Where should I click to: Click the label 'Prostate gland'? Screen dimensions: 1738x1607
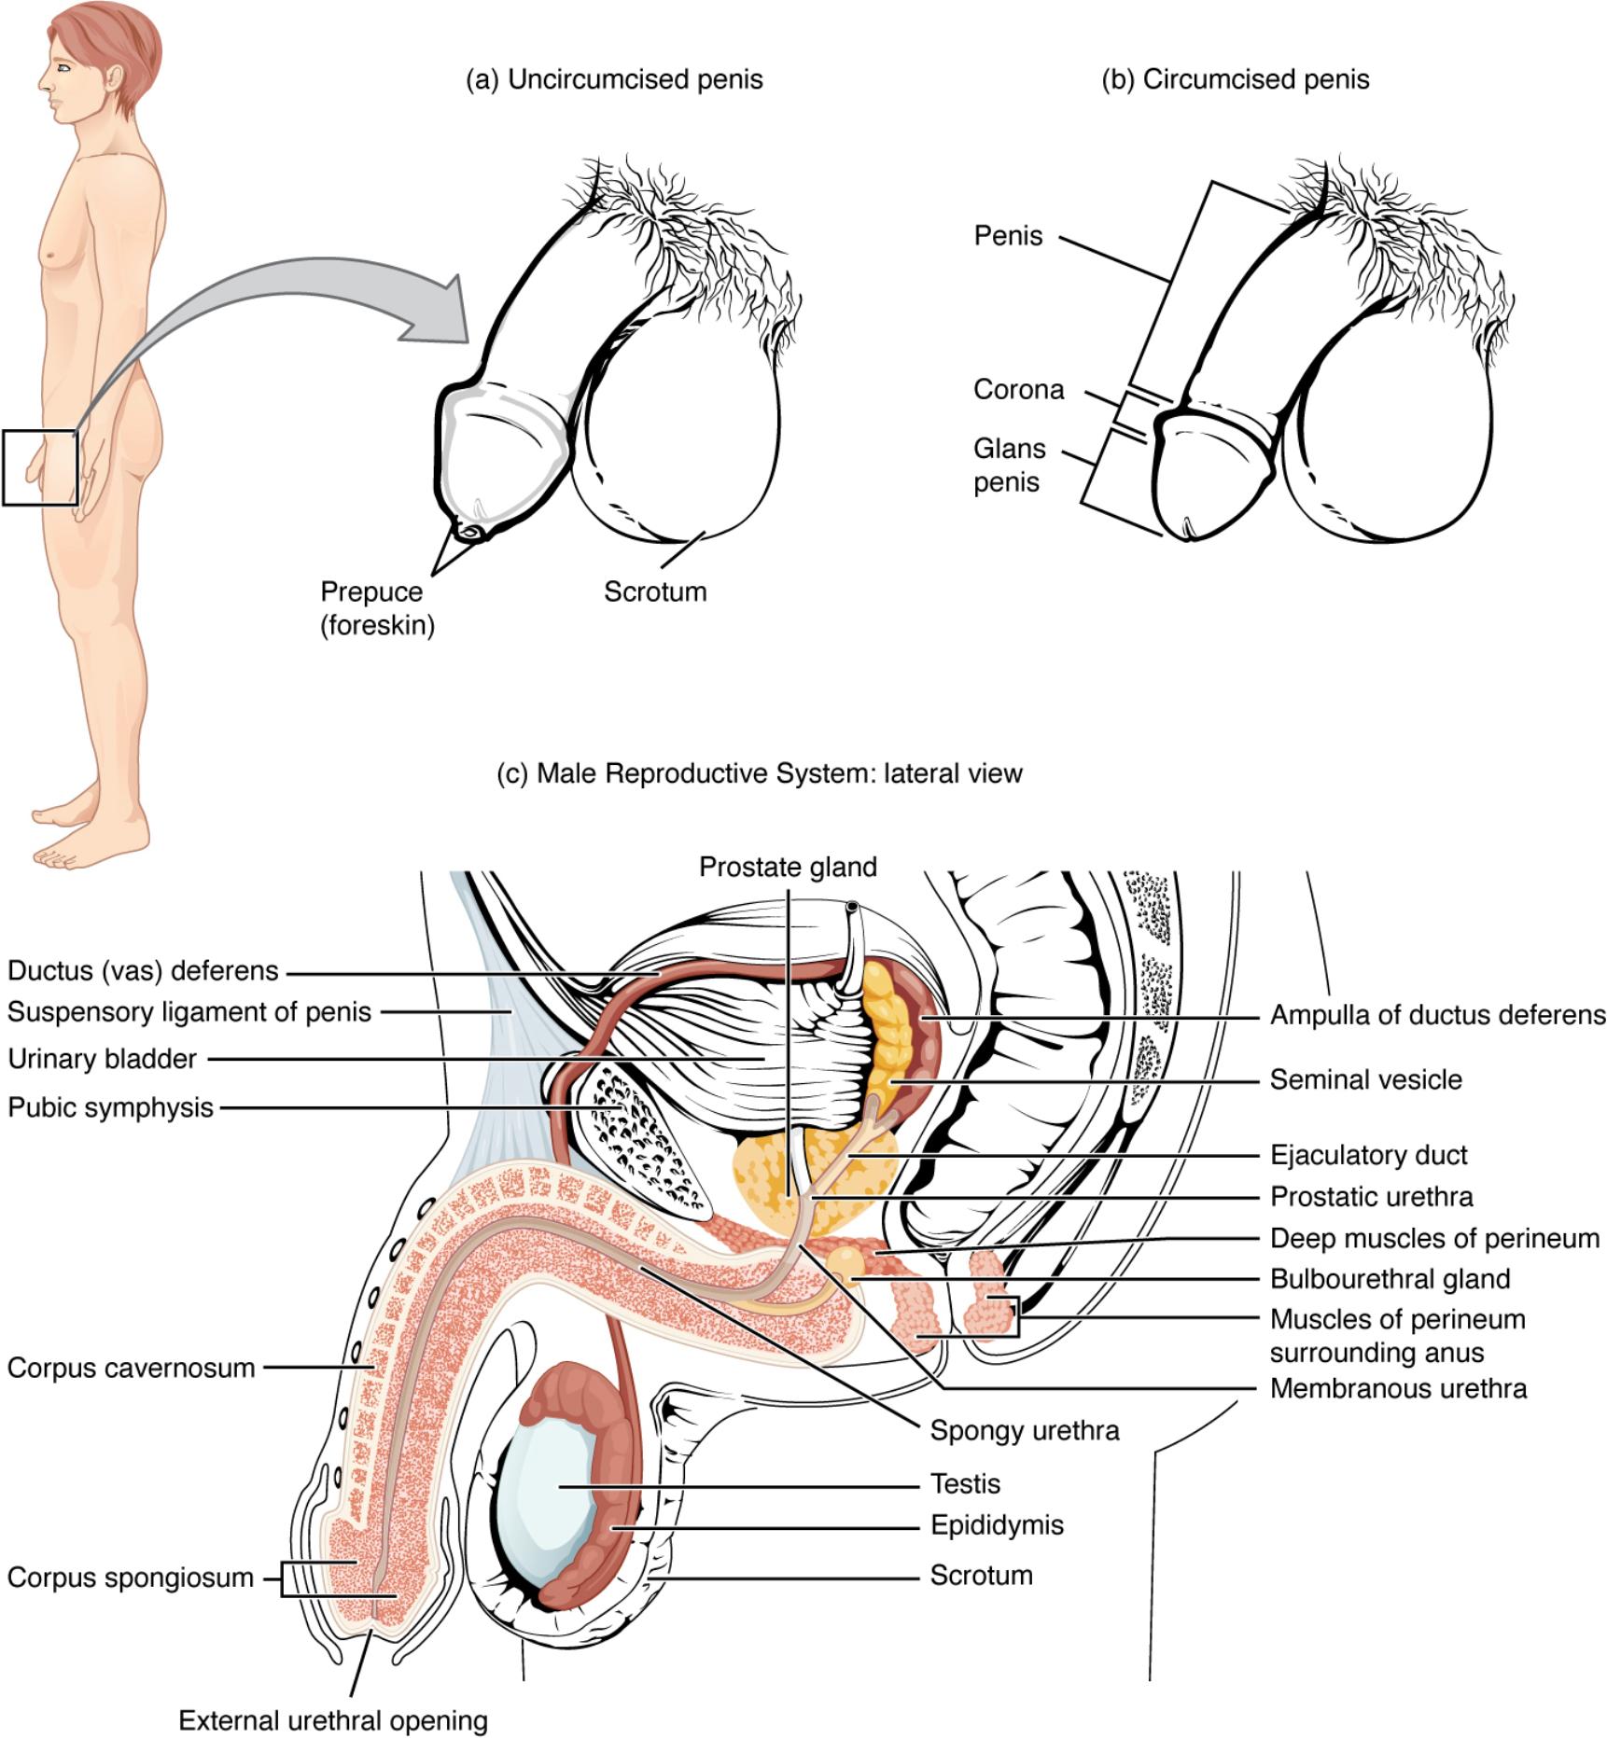point(788,868)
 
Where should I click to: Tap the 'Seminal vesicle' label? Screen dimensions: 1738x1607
point(1365,1080)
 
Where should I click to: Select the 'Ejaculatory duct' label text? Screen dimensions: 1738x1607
point(1368,1155)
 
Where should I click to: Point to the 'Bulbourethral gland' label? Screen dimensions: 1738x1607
point(1390,1278)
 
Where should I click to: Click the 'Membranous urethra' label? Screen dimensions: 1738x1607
point(1398,1388)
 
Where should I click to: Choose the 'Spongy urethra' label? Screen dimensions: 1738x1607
point(1024,1430)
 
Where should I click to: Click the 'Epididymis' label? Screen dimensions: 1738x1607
point(997,1524)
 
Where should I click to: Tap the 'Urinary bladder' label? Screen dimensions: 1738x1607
point(103,1059)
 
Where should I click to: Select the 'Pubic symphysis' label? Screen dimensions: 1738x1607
point(111,1107)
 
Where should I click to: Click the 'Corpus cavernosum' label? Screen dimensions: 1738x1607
point(131,1368)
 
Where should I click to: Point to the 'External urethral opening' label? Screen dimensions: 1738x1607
point(333,1720)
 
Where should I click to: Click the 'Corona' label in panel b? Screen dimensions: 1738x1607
point(1018,389)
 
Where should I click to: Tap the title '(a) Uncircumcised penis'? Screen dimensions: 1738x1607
point(614,80)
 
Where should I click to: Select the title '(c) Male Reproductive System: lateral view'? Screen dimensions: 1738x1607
point(761,773)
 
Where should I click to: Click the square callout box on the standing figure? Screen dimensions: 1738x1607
point(40,467)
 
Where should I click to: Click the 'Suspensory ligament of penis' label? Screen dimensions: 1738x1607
point(189,1011)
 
